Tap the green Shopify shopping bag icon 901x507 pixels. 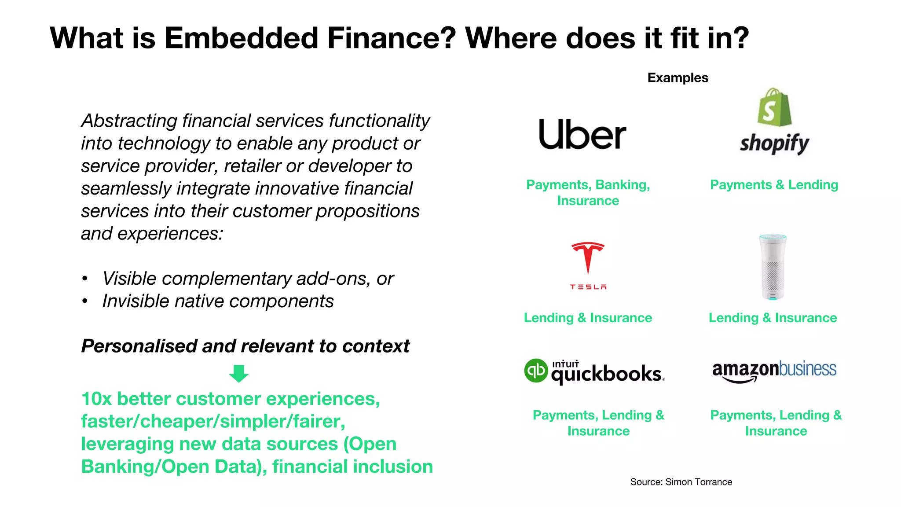click(x=774, y=107)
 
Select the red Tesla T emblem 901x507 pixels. click(x=588, y=257)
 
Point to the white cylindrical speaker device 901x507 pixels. click(x=773, y=267)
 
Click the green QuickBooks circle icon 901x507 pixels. click(x=536, y=371)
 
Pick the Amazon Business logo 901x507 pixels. click(x=774, y=371)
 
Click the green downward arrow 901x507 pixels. click(x=239, y=373)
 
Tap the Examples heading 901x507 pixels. click(x=678, y=78)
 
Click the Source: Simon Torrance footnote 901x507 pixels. click(x=681, y=482)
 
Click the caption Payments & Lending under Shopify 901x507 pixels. click(x=774, y=185)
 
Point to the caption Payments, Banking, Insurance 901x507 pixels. click(x=588, y=192)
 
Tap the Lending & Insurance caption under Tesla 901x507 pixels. click(x=588, y=318)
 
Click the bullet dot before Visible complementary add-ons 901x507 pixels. click(x=85, y=279)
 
